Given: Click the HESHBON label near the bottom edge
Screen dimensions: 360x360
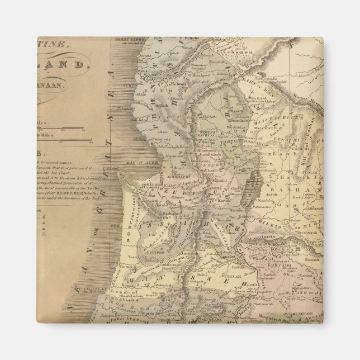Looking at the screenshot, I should click(x=302, y=331).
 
